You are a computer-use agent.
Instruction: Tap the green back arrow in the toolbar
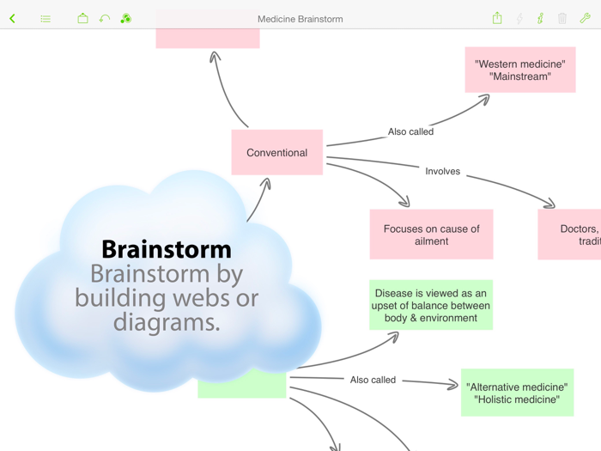[13, 18]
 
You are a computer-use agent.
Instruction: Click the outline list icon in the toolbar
[46, 18]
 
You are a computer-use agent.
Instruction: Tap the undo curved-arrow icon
[104, 18]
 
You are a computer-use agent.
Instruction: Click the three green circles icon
[125, 18]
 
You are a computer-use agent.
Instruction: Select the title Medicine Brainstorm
[300, 19]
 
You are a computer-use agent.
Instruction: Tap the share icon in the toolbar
[497, 18]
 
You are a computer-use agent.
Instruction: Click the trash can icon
[562, 18]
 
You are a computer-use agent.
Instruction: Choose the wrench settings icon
[585, 18]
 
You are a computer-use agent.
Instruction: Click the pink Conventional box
[276, 153]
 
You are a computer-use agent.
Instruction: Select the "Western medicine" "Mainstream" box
[519, 70]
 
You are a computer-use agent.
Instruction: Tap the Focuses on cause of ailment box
[431, 235]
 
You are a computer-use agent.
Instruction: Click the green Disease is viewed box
[431, 305]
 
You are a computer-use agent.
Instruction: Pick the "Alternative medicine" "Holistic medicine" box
[517, 393]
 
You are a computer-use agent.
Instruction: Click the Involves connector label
[442, 171]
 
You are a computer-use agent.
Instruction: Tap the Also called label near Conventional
[410, 131]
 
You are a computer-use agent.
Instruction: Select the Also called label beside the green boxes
[373, 380]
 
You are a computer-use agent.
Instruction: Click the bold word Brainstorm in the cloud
[167, 249]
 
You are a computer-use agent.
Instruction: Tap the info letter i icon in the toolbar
[540, 18]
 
